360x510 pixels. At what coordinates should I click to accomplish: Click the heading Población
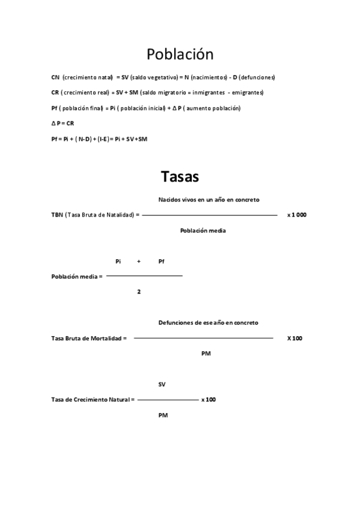[x=180, y=54]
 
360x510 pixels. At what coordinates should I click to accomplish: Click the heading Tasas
[x=180, y=177]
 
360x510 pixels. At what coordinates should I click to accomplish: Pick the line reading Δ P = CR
[x=63, y=123]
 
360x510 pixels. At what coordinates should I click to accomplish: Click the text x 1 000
[x=297, y=215]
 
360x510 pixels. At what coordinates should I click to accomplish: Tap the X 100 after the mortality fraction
[x=294, y=338]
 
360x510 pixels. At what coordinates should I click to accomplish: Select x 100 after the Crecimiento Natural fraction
[x=209, y=399]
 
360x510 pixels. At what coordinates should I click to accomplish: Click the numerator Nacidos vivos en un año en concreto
[x=209, y=199]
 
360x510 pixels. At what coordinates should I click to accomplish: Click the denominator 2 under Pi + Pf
[x=139, y=292]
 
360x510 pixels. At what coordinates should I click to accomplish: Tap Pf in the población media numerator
[x=161, y=261]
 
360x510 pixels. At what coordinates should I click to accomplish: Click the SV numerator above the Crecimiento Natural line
[x=162, y=384]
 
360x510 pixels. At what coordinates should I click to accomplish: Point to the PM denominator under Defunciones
[x=206, y=354]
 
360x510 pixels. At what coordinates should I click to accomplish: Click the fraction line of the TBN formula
[x=210, y=215]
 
